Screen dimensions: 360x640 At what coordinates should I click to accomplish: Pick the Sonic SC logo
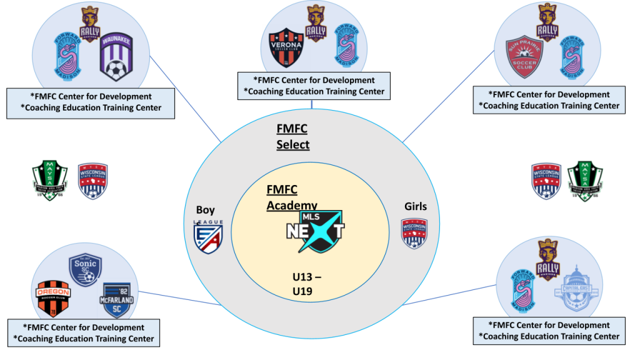point(85,269)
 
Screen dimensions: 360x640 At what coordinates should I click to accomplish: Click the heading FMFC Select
point(293,136)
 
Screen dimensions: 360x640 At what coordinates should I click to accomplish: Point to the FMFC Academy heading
point(291,197)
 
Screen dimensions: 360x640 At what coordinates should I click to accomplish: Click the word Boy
point(206,210)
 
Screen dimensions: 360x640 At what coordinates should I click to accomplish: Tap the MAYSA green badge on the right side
point(584,181)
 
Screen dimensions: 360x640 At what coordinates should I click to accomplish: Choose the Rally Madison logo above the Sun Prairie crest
point(547,22)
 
